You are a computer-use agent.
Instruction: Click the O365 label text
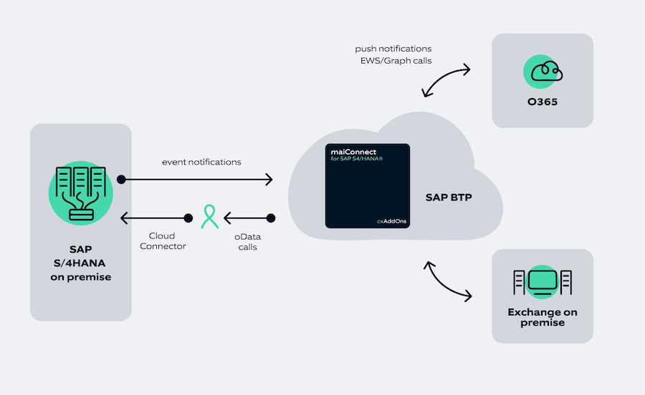[542, 102]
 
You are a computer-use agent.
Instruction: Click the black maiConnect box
[368, 186]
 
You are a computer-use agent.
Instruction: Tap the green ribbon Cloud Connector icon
[209, 217]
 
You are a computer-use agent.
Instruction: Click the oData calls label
[247, 242]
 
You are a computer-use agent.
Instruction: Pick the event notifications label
[201, 162]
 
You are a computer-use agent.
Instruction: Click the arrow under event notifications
[197, 179]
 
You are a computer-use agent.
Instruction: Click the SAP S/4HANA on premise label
[80, 263]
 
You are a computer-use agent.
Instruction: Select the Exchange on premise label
[542, 317]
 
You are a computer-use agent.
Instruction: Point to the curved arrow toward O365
[446, 80]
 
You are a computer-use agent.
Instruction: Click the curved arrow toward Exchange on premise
[448, 282]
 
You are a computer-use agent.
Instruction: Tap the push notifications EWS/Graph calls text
[393, 55]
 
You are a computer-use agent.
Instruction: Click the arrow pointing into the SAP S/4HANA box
[154, 218]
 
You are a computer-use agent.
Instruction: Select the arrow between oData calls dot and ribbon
[247, 218]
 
